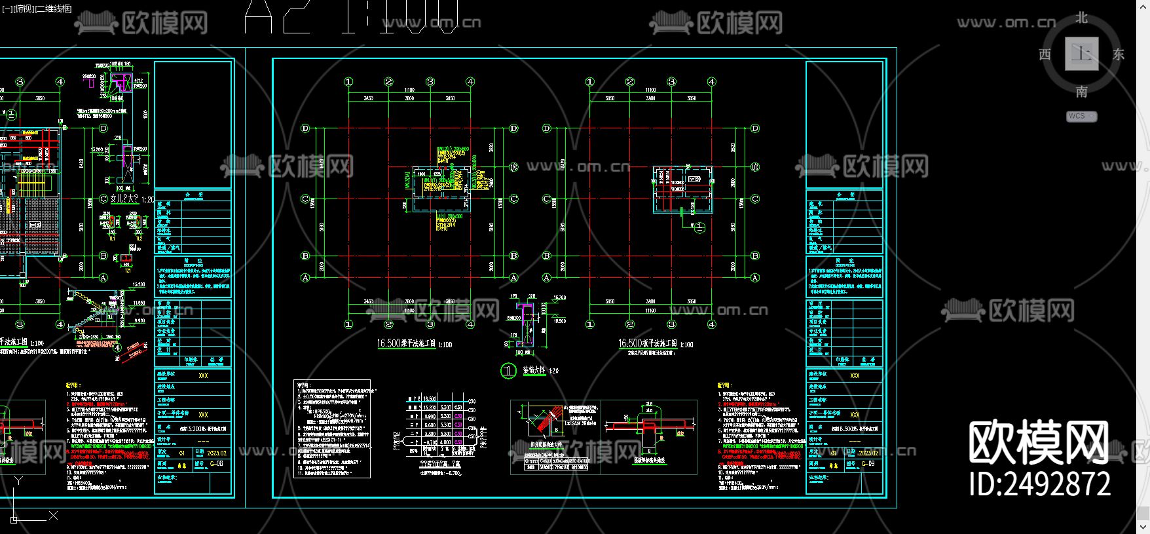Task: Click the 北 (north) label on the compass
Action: click(x=1081, y=18)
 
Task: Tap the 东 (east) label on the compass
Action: click(x=1119, y=54)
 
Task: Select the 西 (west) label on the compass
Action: click(x=1045, y=54)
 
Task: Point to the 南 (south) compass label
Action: click(x=1081, y=92)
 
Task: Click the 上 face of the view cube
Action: click(x=1081, y=54)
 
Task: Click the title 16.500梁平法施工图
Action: click(x=406, y=343)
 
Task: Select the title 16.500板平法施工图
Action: click(x=648, y=343)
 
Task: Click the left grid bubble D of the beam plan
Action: click(x=305, y=128)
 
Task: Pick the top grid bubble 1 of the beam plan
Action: click(x=348, y=82)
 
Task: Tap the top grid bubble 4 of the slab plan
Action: click(x=712, y=82)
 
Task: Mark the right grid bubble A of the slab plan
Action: click(x=755, y=278)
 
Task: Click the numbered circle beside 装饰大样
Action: click(x=508, y=371)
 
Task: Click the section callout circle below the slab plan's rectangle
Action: click(x=699, y=227)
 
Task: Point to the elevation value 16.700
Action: click(x=559, y=297)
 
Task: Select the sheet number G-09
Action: click(x=868, y=464)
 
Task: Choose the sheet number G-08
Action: click(x=216, y=464)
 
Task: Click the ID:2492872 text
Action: click(x=1040, y=484)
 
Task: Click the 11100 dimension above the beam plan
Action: click(x=409, y=90)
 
